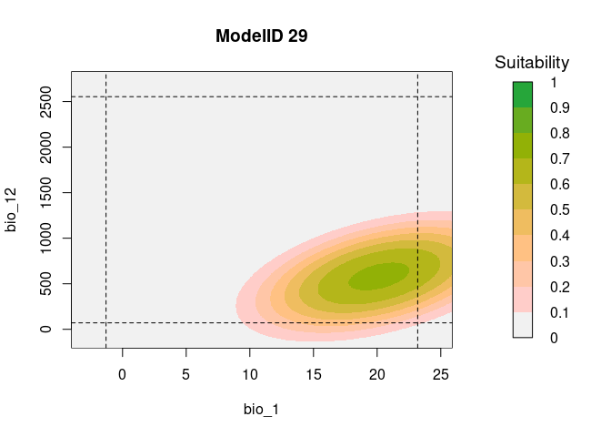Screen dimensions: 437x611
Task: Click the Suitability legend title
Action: [x=532, y=63]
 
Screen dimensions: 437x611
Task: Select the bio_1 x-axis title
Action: [x=261, y=410]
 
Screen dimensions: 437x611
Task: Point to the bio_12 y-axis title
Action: [x=12, y=209]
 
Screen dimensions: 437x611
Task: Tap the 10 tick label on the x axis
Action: [x=250, y=372]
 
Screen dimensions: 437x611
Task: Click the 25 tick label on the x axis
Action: [x=441, y=372]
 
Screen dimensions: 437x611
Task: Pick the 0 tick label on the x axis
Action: [x=123, y=372]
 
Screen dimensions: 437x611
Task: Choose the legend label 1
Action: [x=554, y=83]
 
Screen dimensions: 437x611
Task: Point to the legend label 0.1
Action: [x=560, y=312]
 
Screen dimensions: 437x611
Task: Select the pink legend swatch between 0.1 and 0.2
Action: [x=522, y=299]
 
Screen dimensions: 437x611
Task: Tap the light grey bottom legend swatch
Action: [x=522, y=324]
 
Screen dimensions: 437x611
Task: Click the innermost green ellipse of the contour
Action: [x=380, y=276]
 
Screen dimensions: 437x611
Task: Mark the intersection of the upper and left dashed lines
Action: [x=106, y=97]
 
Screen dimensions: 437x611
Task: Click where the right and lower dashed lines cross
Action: [x=417, y=322]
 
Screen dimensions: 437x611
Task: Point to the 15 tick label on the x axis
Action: [x=314, y=372]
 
